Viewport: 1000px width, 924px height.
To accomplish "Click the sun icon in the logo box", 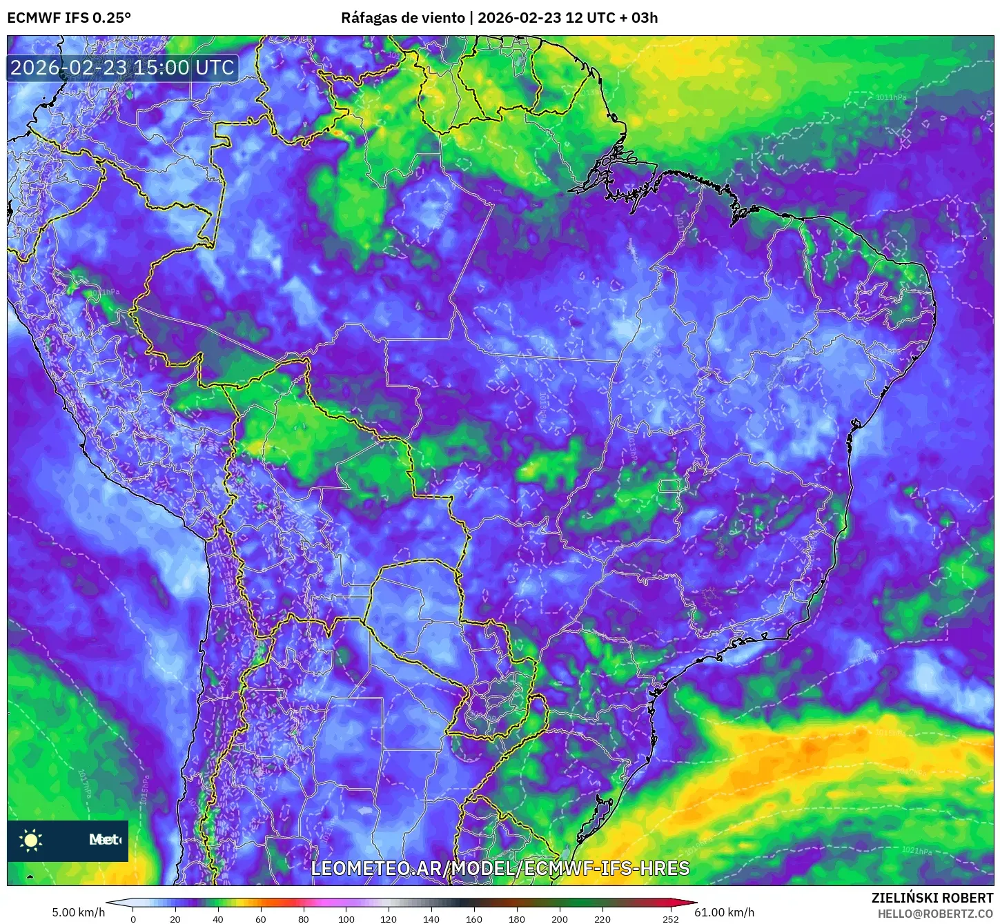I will point(31,840).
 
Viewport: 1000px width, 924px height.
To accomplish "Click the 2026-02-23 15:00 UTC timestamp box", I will point(122,68).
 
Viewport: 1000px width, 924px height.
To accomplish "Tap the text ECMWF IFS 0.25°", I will point(69,18).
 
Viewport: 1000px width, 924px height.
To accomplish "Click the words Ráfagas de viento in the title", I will point(402,18).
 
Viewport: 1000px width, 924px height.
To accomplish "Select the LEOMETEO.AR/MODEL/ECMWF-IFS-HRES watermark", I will point(500,868).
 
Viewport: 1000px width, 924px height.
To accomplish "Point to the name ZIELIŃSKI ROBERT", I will point(932,898).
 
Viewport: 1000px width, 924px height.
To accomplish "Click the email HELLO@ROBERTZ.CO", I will point(935,914).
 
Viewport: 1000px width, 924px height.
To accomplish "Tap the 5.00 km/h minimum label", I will point(78,912).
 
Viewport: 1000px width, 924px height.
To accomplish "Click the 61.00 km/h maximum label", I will point(724,912).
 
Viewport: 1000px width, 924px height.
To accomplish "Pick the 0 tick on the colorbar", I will point(133,919).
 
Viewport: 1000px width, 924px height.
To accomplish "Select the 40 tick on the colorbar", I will point(218,919).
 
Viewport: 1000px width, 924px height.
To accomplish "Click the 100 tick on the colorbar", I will point(346,919).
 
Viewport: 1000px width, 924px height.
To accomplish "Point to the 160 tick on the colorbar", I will point(474,919).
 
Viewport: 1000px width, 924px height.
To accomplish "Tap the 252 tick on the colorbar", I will point(671,919).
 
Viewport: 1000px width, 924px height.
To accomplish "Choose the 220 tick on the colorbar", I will point(602,919).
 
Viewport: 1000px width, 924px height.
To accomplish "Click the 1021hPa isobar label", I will point(916,850).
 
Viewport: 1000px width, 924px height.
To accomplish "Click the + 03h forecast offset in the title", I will point(638,18).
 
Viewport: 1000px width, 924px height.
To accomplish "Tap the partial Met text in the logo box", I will point(104,840).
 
